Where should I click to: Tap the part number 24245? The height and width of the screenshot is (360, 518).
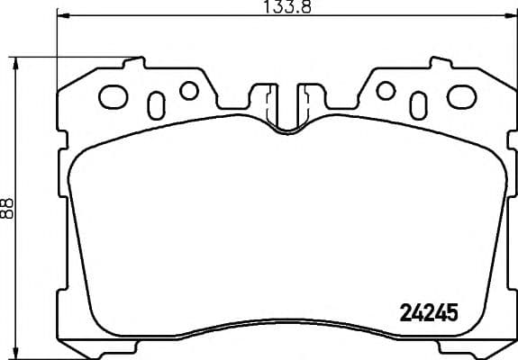coord(428,312)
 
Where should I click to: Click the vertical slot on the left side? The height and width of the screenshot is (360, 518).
coord(155,103)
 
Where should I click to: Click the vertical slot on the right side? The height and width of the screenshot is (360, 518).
coord(419,103)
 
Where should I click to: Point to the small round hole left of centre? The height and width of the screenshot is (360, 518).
coord(188,90)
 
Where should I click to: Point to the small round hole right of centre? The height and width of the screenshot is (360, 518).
coord(386,90)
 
